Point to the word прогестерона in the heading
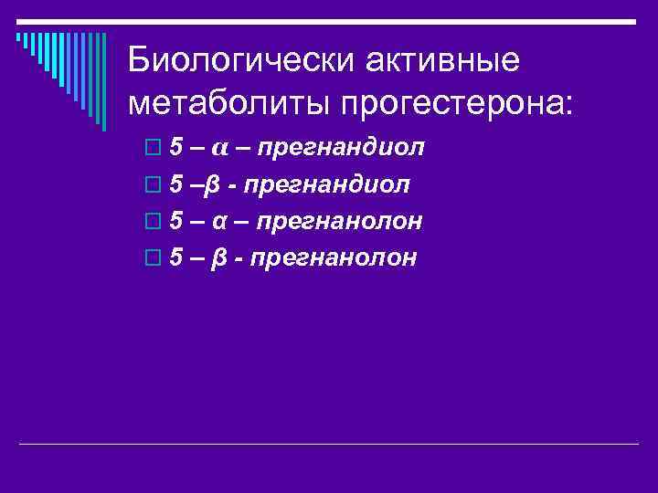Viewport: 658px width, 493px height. pos(453,100)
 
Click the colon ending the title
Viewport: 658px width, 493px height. pos(573,102)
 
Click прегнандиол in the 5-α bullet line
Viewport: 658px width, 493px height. pos(346,148)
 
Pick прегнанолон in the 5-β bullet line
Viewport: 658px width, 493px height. pos(334,257)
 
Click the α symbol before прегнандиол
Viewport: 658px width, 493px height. pos(221,148)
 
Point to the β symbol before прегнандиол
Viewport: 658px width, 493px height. pos(212,185)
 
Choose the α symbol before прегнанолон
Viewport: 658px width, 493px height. pos(220,221)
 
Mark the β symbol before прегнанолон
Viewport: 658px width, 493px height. pos(218,258)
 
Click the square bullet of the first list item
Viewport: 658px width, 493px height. pos(151,148)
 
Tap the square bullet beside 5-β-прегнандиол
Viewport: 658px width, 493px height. pos(151,184)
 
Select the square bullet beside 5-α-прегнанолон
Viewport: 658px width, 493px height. pos(151,221)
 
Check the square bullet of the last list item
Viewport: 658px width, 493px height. pos(151,257)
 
